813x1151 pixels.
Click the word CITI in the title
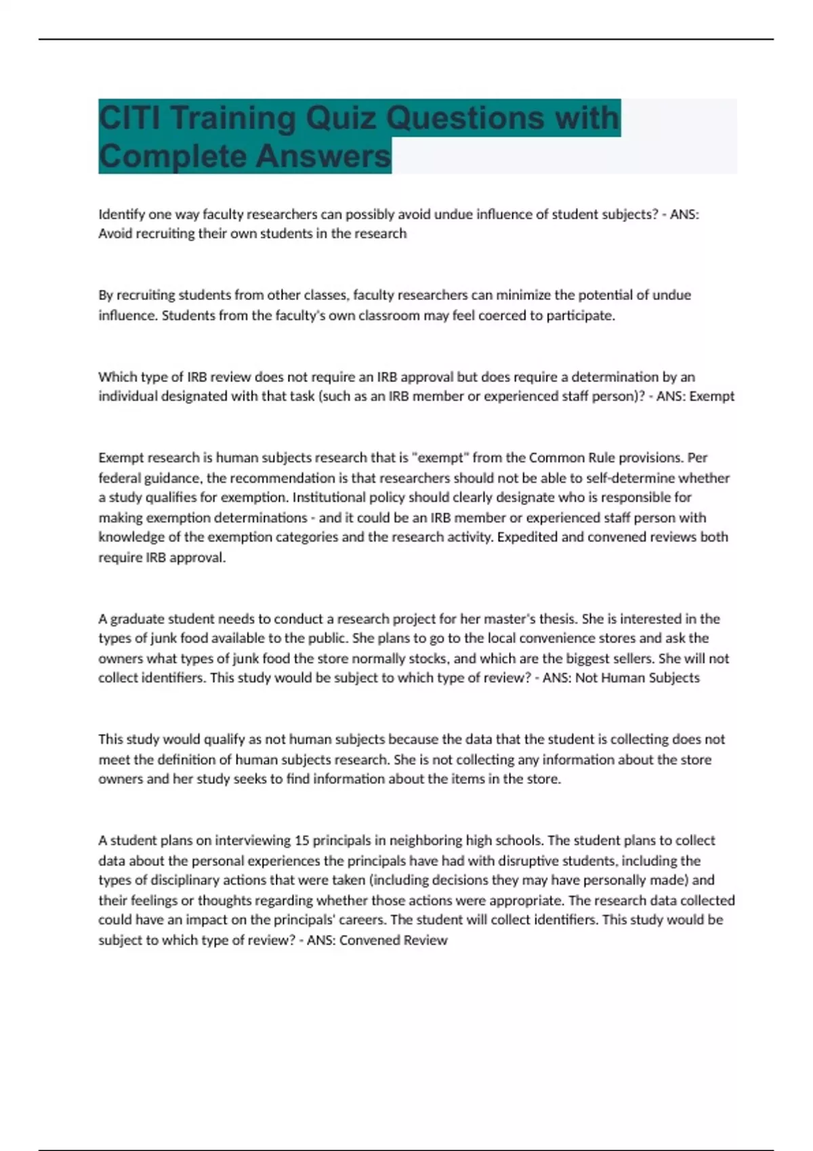click(129, 118)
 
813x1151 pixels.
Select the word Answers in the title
click(323, 156)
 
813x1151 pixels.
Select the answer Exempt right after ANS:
click(711, 396)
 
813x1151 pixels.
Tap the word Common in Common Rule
click(554, 458)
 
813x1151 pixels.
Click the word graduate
click(138, 619)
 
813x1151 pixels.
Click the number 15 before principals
click(302, 841)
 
